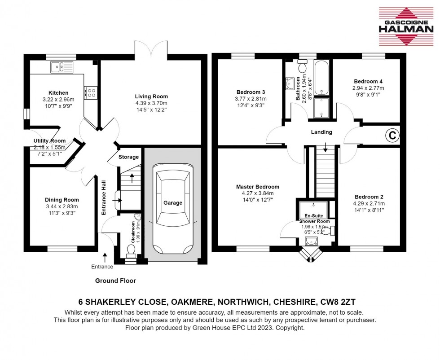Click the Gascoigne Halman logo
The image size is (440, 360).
pos(405,26)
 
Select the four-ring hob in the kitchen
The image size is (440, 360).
pos(92,92)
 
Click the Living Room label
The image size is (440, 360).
pos(151,97)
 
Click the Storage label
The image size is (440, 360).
pos(128,157)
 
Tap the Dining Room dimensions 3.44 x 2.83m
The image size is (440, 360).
pos(62,206)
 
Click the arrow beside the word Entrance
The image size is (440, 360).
pos(105,257)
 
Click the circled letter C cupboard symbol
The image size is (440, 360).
pos(392,135)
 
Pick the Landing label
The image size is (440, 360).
pos(321,132)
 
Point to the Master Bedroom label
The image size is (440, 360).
pos(258,187)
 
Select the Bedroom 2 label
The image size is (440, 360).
pos(369,197)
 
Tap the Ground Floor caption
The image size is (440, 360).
pos(115,281)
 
